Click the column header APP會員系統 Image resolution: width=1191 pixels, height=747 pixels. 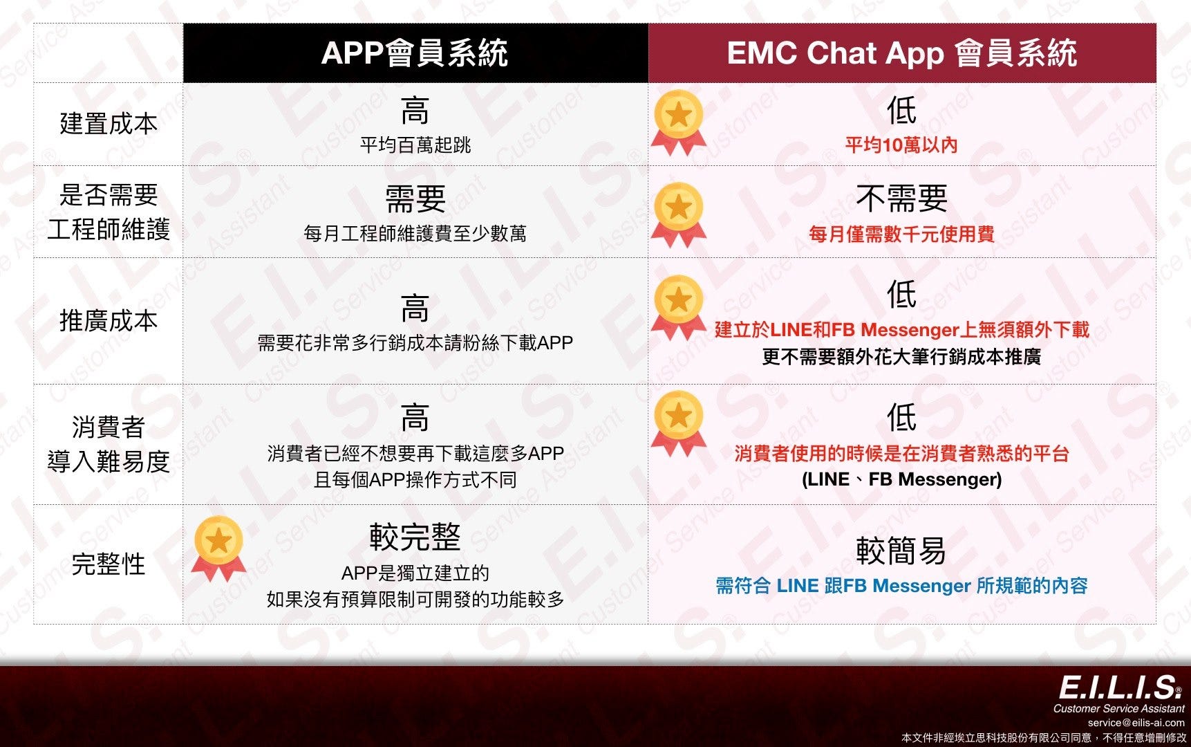tap(415, 53)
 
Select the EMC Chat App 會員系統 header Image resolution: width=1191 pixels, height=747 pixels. tap(901, 53)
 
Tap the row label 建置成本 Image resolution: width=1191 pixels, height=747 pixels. tap(109, 124)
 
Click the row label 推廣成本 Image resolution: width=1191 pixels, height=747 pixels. tap(109, 320)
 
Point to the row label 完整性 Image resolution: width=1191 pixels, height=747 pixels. tap(109, 564)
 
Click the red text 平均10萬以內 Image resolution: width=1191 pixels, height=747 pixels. tap(901, 145)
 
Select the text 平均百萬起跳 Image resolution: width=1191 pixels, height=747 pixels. tap(415, 145)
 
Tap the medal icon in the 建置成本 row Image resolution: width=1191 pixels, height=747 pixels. tap(678, 122)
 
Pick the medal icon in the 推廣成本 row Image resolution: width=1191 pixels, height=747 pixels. tap(678, 307)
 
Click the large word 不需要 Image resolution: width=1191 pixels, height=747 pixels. tap(901, 199)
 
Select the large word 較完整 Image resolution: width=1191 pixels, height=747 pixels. tap(415, 537)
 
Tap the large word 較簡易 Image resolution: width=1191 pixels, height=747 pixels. tap(901, 551)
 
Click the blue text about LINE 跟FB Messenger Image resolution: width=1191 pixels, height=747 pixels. tap(901, 586)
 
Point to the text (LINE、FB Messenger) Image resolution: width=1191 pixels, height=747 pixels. tap(901, 479)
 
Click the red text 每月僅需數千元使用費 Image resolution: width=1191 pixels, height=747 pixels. tap(901, 234)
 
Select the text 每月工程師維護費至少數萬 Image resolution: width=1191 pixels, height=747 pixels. tap(415, 234)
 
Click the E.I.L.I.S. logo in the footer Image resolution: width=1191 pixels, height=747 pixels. tap(1120, 688)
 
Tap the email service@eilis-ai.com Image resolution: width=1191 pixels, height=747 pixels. tap(1136, 723)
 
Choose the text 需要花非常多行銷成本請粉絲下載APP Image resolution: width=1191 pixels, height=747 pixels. tap(415, 342)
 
